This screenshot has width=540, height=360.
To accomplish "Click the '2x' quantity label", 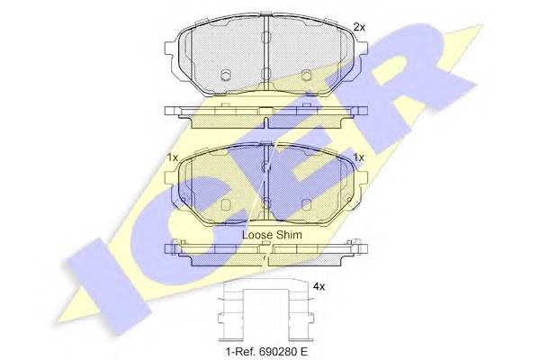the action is pos(359,27).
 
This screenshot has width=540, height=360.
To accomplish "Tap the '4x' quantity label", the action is pos(319,286).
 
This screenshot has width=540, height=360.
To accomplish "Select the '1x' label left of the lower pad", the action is pos(172,157).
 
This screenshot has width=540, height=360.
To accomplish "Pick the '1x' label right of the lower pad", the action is pos(358,157).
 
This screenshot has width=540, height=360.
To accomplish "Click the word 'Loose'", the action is pos(256,235).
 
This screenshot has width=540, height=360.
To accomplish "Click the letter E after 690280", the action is pos(303,352).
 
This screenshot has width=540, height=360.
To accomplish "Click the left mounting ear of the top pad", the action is pos(171,48).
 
